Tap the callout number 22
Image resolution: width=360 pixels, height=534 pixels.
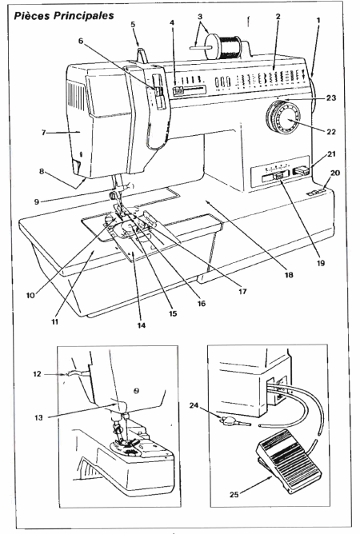pyautogui.click(x=331, y=131)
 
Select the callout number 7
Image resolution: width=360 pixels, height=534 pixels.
pyautogui.click(x=44, y=132)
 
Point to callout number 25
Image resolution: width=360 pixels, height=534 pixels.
pyautogui.click(x=234, y=494)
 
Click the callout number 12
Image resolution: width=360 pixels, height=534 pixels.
pyautogui.click(x=37, y=374)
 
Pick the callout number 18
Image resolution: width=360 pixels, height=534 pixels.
pyautogui.click(x=289, y=274)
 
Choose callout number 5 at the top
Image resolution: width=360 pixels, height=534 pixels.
pyautogui.click(x=133, y=24)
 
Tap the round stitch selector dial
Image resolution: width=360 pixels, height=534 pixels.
pyautogui.click(x=282, y=117)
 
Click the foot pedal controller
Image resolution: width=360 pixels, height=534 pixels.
pyautogui.click(x=289, y=461)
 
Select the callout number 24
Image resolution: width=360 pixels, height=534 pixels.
pyautogui.click(x=194, y=405)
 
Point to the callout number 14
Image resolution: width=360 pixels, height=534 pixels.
pyautogui.click(x=142, y=325)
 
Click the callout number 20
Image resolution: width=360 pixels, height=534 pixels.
pyautogui.click(x=335, y=173)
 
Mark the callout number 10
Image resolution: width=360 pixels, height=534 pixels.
pyautogui.click(x=30, y=295)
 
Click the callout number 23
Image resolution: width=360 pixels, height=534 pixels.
pyautogui.click(x=331, y=98)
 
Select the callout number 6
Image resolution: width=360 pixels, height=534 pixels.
pyautogui.click(x=81, y=41)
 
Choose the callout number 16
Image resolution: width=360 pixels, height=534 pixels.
pyautogui.click(x=202, y=303)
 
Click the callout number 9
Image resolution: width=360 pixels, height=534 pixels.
pyautogui.click(x=37, y=201)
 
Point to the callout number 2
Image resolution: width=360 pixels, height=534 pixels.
pyautogui.click(x=278, y=16)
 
